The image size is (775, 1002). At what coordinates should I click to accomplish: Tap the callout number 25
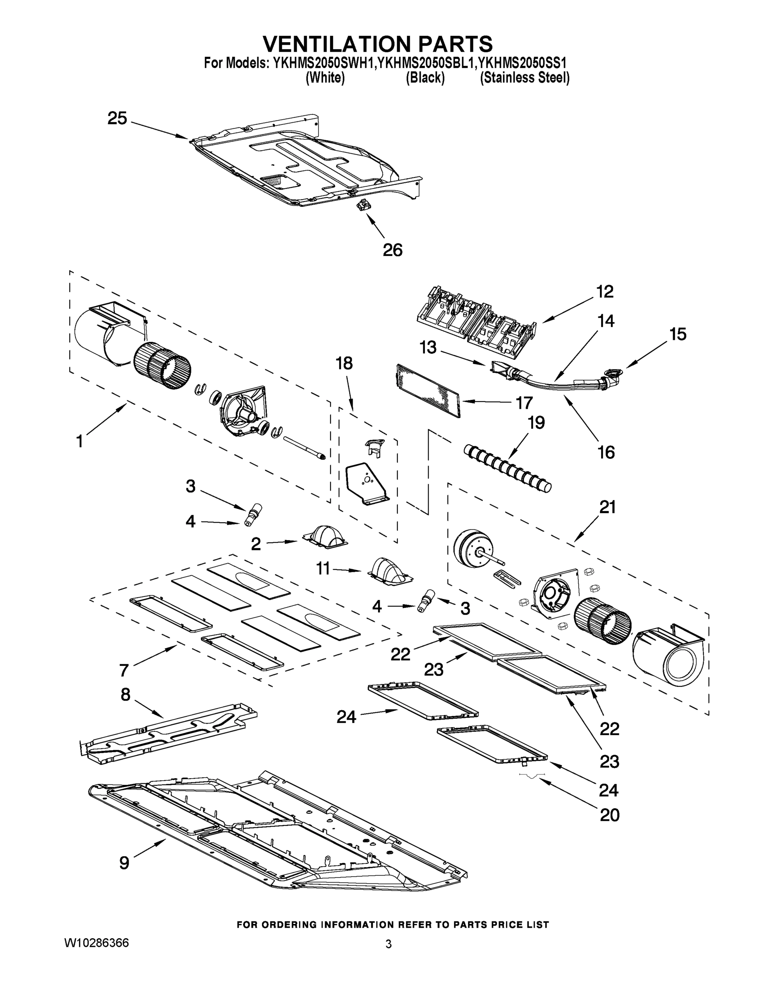117,119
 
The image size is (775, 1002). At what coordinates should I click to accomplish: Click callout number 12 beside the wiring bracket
605,292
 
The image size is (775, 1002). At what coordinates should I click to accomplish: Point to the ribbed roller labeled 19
507,468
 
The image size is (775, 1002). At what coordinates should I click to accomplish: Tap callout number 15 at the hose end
678,334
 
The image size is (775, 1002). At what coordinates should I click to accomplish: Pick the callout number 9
124,863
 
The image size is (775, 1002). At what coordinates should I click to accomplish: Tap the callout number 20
609,815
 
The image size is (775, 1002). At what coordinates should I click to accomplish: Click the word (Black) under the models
425,78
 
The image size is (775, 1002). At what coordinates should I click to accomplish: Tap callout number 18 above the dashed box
344,363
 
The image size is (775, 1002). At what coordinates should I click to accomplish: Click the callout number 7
124,670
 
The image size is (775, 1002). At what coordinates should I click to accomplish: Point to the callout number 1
79,441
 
